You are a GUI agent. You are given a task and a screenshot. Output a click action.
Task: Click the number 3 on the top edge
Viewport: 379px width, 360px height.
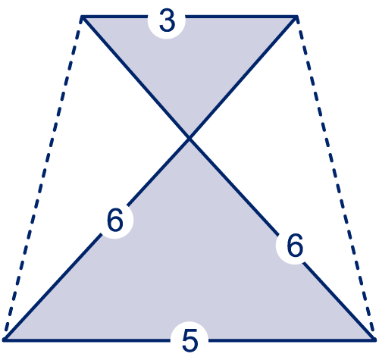(x=167, y=21)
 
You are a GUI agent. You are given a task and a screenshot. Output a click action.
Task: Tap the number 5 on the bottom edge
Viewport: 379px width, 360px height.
(x=189, y=340)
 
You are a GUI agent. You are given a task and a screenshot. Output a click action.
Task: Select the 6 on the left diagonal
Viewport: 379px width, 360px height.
(x=115, y=220)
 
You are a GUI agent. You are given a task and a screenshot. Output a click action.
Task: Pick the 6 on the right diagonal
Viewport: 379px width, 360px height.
(x=295, y=246)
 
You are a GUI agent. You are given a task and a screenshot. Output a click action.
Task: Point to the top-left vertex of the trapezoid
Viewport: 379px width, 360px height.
(x=82, y=17)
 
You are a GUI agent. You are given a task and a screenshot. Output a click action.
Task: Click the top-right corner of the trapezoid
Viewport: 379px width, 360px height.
(x=297, y=17)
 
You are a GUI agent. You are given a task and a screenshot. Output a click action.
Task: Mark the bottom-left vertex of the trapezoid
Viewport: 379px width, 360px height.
(x=4, y=340)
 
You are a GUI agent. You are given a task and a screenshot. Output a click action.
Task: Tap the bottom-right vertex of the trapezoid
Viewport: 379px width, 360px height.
(x=375, y=340)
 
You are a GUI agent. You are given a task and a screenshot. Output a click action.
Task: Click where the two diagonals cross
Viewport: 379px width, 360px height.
(x=189, y=138)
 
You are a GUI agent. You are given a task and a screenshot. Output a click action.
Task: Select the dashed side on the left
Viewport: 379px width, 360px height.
(x=42, y=178)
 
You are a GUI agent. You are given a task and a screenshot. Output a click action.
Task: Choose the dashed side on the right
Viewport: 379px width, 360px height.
(x=336, y=178)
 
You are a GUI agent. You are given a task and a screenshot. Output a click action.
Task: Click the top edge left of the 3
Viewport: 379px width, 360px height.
(x=115, y=17)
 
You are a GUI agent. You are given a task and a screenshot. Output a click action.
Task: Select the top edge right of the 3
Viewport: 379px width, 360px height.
(x=241, y=17)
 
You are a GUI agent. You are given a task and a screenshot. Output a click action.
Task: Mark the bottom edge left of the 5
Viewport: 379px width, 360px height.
(x=87, y=340)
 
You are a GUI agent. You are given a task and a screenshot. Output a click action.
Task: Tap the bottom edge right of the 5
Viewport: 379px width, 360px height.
(x=292, y=340)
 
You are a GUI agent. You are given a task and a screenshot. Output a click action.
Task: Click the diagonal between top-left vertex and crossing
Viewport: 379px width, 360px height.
(x=136, y=77)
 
